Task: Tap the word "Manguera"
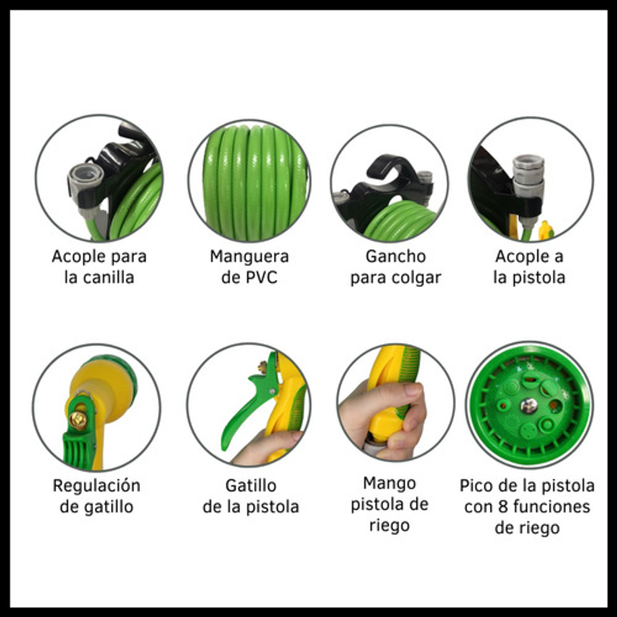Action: (249, 257)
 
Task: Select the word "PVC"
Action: (261, 278)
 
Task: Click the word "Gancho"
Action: (395, 256)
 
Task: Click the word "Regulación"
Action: (97, 486)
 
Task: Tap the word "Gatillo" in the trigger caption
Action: (251, 485)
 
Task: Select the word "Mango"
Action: (389, 483)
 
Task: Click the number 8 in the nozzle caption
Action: (502, 507)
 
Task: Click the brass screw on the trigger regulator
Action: (78, 420)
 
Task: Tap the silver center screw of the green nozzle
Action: (529, 406)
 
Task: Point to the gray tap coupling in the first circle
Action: (85, 181)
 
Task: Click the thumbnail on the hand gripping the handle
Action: (413, 390)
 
